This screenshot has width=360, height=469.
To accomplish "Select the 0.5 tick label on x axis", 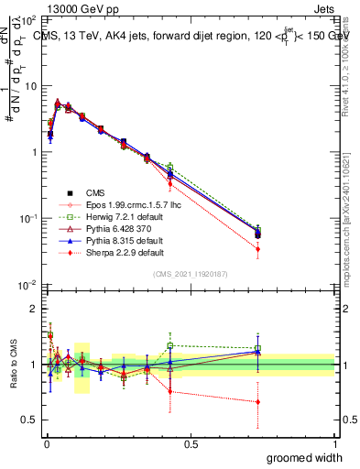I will click(191, 444).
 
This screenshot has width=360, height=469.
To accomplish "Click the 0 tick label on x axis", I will click(46, 444).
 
